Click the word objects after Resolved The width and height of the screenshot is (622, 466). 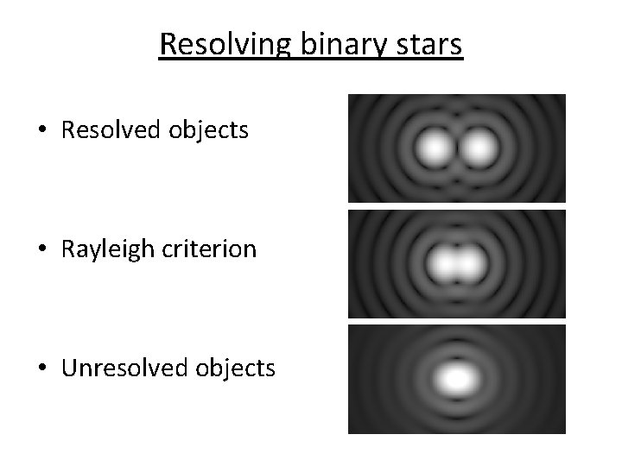point(211,130)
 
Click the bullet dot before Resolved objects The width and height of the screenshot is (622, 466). point(42,132)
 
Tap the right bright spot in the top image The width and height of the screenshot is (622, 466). point(478,149)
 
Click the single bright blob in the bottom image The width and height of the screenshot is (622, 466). point(457,378)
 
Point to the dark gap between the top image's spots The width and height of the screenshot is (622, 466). point(456,149)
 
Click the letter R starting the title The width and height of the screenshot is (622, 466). point(167,44)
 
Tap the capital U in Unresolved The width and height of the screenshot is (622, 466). point(68,368)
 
